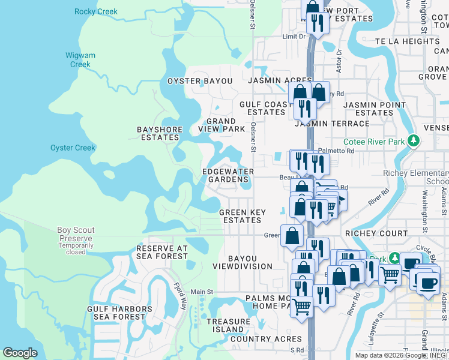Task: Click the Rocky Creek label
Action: coord(96,11)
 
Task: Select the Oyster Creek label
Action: coord(73,148)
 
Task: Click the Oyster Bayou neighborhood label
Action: coord(199,81)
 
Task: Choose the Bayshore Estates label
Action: coord(158,133)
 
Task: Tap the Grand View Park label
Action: coord(221,125)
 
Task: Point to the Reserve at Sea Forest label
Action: coord(162,252)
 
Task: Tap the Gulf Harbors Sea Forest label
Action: coord(116,313)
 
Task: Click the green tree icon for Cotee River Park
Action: coord(412,142)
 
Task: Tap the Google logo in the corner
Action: coord(19,353)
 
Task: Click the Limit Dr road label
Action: coord(294,37)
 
